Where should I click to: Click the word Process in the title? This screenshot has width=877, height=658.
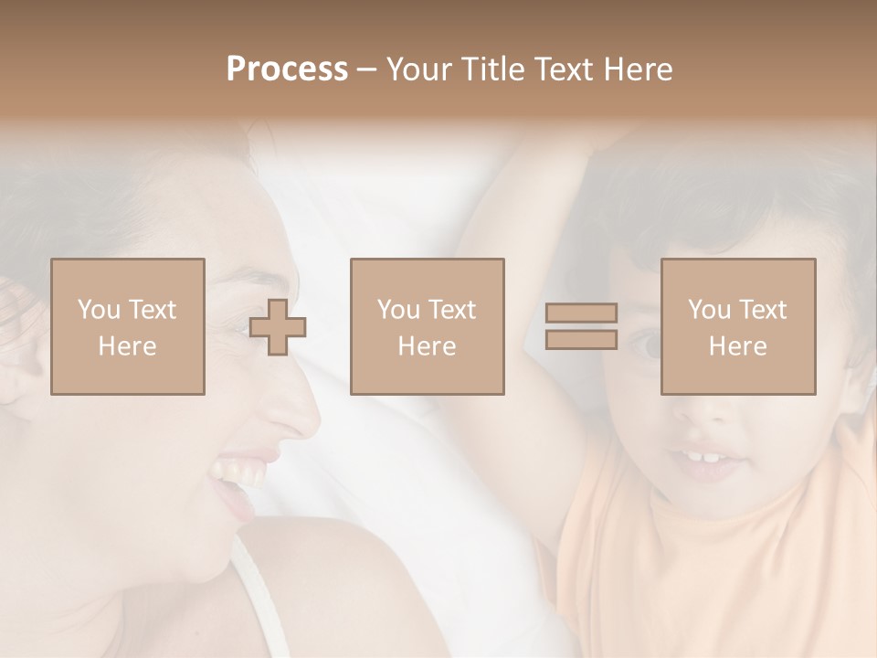coord(287,69)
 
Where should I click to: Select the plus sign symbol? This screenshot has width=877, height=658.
coord(278,327)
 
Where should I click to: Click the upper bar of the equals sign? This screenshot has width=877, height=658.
coord(581,313)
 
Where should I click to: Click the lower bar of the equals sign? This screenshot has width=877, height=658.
coord(581,339)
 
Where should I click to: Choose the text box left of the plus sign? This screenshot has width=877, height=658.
coord(127,326)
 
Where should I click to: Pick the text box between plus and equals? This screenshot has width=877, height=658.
coord(427,326)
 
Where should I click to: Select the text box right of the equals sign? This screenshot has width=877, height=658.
coord(737,326)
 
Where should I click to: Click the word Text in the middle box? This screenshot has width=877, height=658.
coord(450,310)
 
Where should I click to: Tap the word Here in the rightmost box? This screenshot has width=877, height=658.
coord(737,345)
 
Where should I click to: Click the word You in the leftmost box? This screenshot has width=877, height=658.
coord(99,310)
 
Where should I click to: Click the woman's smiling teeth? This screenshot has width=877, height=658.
coord(232,472)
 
